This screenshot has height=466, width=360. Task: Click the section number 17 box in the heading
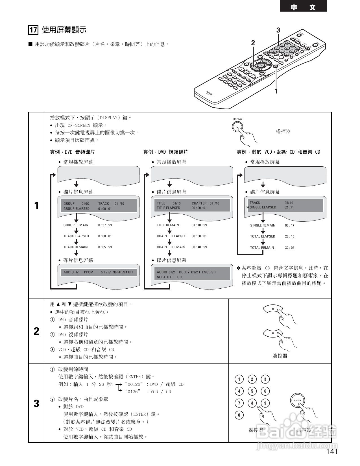tap(33, 30)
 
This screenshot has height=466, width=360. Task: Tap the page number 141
tap(332, 451)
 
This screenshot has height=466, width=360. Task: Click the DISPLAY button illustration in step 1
tap(237, 127)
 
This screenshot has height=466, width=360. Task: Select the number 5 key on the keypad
tap(252, 391)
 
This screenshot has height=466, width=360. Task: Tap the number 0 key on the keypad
tap(239, 415)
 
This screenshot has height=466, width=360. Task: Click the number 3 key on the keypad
tap(265, 379)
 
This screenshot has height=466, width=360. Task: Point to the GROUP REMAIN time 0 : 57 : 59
tap(105, 225)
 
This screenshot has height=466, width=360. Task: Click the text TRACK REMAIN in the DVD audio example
tap(75, 247)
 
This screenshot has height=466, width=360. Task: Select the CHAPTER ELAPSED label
tap(171, 236)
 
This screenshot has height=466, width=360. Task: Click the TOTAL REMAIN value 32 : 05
tap(289, 248)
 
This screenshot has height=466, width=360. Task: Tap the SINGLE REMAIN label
tap(263, 225)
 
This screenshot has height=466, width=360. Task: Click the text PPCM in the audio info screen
tap(89, 272)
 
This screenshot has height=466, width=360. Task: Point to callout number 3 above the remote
tap(278, 30)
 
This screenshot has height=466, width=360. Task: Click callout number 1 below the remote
tap(276, 91)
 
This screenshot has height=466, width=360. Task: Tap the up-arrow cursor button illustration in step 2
tap(273, 309)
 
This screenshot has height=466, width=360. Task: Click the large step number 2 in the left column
tap(36, 331)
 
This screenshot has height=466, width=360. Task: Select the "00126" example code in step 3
tap(134, 384)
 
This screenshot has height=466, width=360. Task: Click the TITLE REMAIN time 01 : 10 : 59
tap(199, 225)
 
